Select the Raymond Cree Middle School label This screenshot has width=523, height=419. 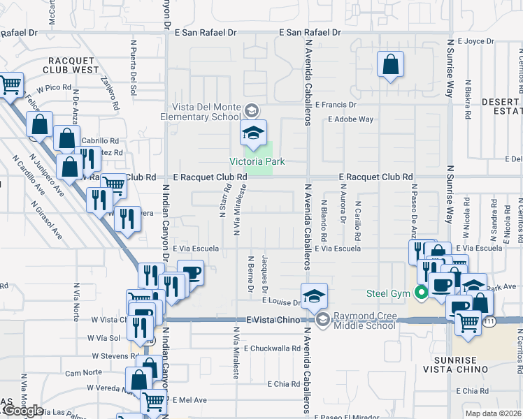click(363, 321)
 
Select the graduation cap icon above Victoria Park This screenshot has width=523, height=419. click(253, 133)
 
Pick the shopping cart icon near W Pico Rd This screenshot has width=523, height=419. click(10, 85)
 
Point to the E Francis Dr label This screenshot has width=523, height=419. click(336, 105)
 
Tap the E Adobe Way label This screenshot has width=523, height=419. click(351, 119)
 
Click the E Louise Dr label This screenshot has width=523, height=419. click(281, 302)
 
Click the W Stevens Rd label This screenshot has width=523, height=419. click(113, 355)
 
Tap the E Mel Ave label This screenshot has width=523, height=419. click(190, 400)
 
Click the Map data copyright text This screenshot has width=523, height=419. click(494, 413)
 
